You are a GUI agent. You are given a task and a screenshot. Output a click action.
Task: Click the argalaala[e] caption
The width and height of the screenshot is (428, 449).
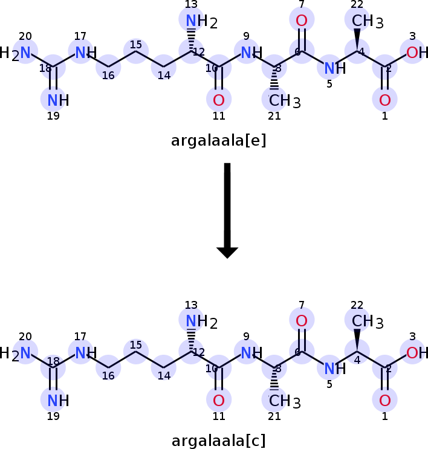[x=218, y=141]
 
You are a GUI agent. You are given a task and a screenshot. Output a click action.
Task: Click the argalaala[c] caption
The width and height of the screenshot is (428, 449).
[x=218, y=441]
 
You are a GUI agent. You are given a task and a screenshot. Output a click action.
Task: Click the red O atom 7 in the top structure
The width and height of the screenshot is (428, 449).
[x=302, y=21]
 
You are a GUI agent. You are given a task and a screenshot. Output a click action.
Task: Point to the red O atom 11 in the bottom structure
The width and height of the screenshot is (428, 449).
[x=219, y=399]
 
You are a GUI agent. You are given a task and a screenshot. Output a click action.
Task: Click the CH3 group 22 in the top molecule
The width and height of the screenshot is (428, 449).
[x=361, y=22]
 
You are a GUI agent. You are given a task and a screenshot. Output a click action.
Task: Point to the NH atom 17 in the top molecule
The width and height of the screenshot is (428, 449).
[x=83, y=53]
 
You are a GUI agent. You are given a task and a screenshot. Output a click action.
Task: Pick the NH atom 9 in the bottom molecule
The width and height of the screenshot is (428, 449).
[x=248, y=353]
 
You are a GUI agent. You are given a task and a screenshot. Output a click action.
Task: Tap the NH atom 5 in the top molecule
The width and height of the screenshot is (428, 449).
[x=331, y=68]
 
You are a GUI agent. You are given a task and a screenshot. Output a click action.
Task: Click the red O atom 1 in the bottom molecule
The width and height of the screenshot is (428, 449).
[x=385, y=399]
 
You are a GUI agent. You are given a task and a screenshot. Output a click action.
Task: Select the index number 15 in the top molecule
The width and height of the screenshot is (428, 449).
[x=136, y=44]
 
